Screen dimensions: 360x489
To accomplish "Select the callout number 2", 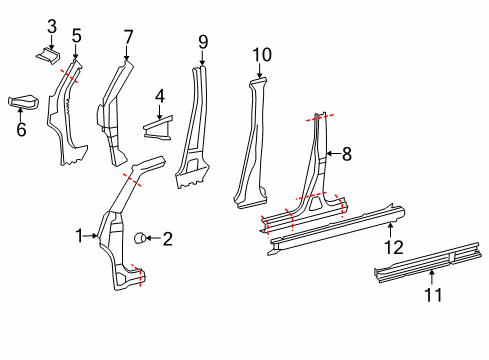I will point(167,238).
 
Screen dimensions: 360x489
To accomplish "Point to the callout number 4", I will point(159,97).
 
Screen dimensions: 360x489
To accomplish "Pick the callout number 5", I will point(76,36).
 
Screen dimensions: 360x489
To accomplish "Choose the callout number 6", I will point(22,129).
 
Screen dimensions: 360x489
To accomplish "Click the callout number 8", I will point(347,153).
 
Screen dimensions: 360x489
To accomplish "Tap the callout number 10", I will point(261,54).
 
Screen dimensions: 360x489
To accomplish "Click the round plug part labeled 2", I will point(142,237).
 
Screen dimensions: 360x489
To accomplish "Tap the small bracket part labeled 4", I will point(158,127).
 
